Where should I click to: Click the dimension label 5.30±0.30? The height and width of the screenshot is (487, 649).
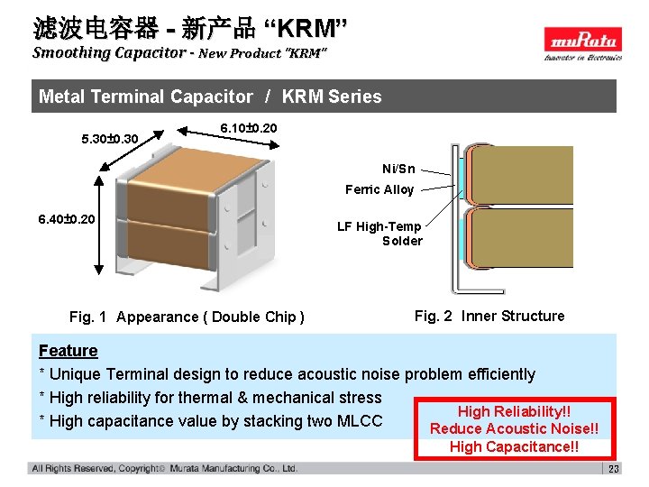tap(109, 140)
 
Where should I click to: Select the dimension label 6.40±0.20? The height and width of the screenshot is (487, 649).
tap(67, 219)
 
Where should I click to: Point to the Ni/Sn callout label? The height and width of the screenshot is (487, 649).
tap(398, 169)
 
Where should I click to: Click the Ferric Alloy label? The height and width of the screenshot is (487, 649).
tap(379, 189)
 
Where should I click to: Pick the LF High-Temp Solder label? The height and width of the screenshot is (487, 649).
tap(379, 234)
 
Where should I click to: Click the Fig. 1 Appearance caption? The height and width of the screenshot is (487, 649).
tap(187, 317)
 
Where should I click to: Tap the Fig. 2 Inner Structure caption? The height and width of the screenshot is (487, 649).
tap(489, 316)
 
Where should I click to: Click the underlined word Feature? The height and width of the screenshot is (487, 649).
tap(69, 351)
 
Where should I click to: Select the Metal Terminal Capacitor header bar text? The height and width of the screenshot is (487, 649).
tap(210, 96)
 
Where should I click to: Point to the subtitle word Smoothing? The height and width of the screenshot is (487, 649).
tap(70, 52)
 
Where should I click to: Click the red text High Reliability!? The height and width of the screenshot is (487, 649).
tap(515, 411)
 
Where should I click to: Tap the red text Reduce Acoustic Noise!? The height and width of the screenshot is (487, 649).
tap(515, 428)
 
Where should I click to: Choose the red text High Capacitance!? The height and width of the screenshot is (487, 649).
tap(515, 446)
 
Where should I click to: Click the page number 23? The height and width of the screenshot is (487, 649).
tap(614, 469)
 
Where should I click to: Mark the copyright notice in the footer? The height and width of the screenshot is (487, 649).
tap(164, 469)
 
